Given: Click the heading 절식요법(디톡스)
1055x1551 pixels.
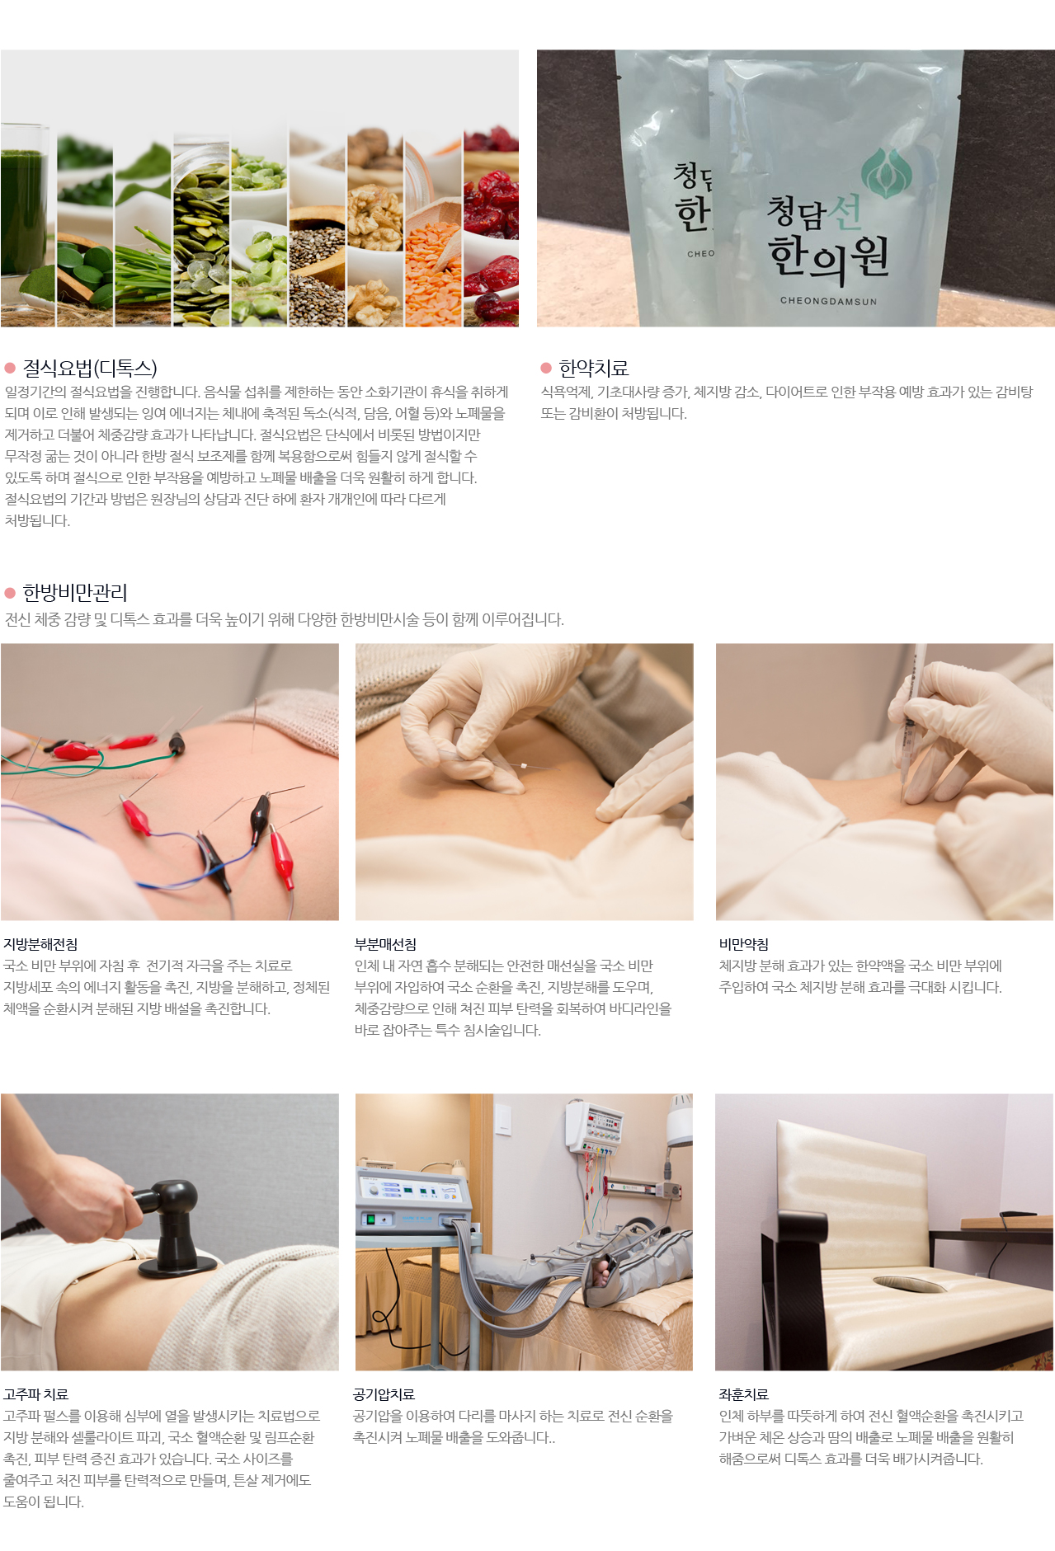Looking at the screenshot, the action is pos(90,368).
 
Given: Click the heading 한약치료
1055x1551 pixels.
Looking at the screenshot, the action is pos(594,368).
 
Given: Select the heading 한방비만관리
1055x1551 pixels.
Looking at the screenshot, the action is pos(75,592).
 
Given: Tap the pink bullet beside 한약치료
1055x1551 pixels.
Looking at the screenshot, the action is pos(546,368).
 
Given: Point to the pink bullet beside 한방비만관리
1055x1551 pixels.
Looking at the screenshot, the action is pos(10,593).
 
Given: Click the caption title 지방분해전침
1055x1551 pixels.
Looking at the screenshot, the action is pos(40,944).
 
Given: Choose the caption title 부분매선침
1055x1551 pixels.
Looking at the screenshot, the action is pos(385,944).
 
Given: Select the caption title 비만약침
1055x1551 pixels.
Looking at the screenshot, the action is pos(744,944).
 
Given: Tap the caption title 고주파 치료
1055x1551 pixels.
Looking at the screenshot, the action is pos(35,1394).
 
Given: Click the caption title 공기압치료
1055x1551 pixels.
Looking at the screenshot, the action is pos(384,1394).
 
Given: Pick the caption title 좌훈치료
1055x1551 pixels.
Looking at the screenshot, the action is pos(744,1394).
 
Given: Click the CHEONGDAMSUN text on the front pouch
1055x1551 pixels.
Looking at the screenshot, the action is pos(828,301).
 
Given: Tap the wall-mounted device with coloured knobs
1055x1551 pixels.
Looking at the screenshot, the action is pos(595,1126).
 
